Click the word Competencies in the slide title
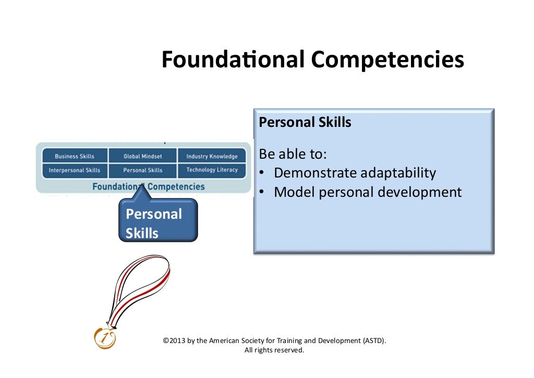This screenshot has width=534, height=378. click(x=387, y=60)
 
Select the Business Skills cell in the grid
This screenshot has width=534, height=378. click(x=75, y=156)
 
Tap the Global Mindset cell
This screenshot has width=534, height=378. click(x=142, y=156)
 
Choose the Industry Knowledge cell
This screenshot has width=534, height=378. click(x=212, y=156)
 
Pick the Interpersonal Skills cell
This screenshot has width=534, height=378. click(x=75, y=170)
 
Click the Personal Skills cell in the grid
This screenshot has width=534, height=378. click(x=142, y=170)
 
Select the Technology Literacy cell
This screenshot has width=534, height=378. click(x=212, y=170)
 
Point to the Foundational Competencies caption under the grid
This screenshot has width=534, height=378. click(x=149, y=186)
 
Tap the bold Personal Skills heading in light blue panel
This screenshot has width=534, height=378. click(x=305, y=123)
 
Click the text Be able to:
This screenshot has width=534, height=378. click(x=293, y=155)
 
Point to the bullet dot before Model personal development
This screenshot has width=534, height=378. click(x=262, y=193)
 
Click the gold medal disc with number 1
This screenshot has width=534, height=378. click(x=105, y=338)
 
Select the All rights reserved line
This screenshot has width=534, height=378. click(x=274, y=350)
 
